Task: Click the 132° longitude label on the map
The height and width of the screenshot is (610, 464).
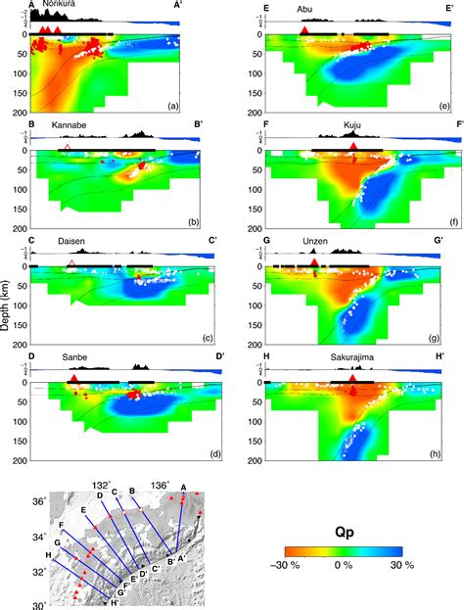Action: click(x=101, y=484)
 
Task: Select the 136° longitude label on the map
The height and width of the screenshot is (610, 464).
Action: click(x=161, y=484)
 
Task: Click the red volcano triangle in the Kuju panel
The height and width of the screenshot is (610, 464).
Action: click(x=352, y=146)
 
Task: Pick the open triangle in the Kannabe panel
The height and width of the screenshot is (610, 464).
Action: click(x=68, y=147)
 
